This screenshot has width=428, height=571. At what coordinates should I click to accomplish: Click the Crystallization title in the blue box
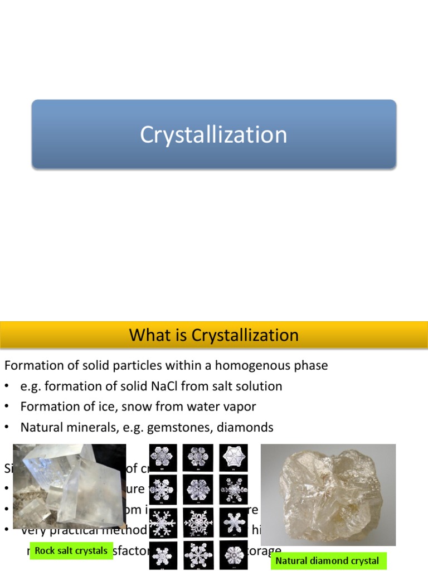[213, 135]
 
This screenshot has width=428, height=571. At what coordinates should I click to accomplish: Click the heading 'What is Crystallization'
[213, 335]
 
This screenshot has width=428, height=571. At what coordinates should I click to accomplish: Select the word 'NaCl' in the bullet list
[158, 386]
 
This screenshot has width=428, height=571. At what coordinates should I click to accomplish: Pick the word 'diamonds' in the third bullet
[246, 427]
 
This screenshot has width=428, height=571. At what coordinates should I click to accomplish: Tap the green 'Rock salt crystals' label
[71, 551]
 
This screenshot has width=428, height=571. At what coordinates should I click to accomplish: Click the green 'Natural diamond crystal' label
[327, 560]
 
